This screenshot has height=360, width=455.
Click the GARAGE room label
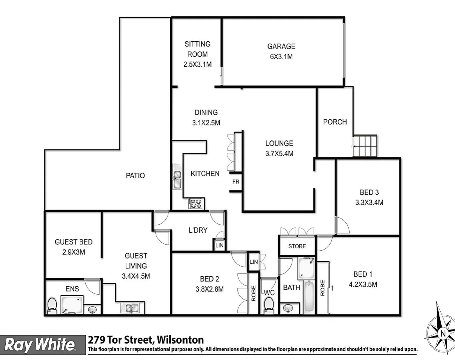click(281, 46)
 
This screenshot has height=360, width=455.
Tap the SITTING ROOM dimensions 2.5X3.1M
click(197, 64)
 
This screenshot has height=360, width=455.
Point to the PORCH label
click(335, 122)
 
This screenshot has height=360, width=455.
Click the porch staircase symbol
click(365, 146)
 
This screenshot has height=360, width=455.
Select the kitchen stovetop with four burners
click(196, 203)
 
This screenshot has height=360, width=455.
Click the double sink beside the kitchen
click(177, 176)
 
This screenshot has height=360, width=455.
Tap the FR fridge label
click(236, 182)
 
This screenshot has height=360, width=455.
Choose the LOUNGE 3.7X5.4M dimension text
click(279, 154)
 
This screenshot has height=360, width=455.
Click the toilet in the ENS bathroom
click(52, 306)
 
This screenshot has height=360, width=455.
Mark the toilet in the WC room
click(269, 305)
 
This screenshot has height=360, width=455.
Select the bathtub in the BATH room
click(309, 297)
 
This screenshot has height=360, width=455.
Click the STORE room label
click(297, 246)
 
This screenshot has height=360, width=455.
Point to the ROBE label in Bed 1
click(323, 288)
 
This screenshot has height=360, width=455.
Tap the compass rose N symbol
click(443, 333)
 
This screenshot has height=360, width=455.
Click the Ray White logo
click(40, 345)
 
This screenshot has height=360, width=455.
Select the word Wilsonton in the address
click(180, 340)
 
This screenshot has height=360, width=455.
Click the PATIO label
click(135, 176)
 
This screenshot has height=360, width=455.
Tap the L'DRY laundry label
click(198, 230)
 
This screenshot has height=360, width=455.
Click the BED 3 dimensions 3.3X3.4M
click(369, 202)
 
